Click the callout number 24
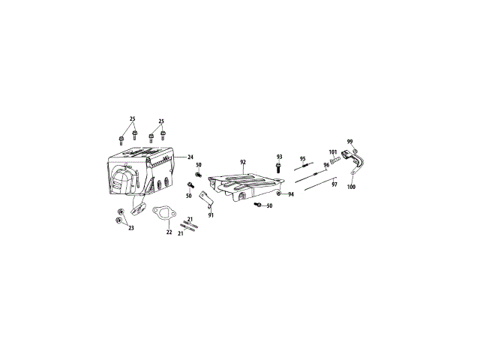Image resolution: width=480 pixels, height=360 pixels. coord(190,157)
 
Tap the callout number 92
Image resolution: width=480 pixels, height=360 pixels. coord(243,162)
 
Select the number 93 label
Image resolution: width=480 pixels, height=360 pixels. coord(279,157)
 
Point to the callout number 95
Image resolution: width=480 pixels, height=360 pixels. coord(303,158)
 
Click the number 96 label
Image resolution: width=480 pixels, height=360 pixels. coord(327,165)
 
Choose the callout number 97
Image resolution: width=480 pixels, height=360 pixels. coord(334,184)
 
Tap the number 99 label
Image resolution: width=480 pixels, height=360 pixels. coord(350,142)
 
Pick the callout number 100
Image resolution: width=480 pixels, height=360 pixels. coord(352,187)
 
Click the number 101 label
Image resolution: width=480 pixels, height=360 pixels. coord(333,151)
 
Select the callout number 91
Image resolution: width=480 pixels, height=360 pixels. coord(211,215)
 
